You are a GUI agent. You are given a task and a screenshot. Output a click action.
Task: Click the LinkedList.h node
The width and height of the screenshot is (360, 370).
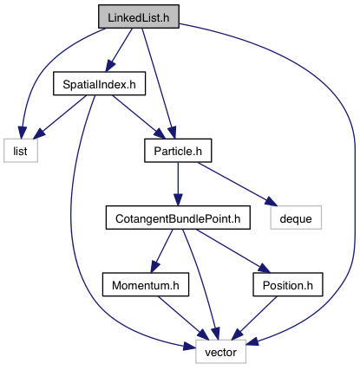click(x=139, y=16)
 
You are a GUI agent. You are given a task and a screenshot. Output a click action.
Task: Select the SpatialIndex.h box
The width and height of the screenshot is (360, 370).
click(x=99, y=83)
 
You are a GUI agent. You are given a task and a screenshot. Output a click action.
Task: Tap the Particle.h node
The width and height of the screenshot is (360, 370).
click(x=178, y=151)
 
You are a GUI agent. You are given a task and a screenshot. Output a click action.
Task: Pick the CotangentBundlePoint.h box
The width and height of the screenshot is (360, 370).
click(x=178, y=217)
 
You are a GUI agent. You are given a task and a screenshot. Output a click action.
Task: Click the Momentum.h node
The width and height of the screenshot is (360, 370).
click(x=146, y=284)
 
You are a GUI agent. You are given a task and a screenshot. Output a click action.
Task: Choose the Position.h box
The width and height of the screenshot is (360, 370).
click(x=288, y=284)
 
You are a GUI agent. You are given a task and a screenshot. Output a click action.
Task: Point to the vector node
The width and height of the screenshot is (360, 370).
click(x=220, y=352)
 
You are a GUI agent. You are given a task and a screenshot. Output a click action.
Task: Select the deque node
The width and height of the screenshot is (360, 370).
click(x=296, y=217)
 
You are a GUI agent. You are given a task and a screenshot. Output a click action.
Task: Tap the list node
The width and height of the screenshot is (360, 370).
click(x=21, y=151)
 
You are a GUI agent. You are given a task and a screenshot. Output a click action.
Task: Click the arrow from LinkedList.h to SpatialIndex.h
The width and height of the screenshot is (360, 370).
click(x=119, y=49)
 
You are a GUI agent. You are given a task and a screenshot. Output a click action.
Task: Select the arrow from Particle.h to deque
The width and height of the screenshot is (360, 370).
click(x=237, y=184)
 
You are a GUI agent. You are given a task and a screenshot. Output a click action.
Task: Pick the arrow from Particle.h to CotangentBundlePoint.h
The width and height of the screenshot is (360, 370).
click(x=178, y=184)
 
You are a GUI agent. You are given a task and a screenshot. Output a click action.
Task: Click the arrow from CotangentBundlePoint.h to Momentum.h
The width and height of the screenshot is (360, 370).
click(x=162, y=251)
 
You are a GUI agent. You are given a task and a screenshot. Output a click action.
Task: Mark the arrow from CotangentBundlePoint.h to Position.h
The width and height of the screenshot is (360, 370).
click(x=233, y=251)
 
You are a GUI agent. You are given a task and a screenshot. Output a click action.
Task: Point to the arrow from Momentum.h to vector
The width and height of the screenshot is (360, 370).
click(x=183, y=318)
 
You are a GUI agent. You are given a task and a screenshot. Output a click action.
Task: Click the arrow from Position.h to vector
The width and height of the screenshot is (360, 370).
click(x=254, y=318)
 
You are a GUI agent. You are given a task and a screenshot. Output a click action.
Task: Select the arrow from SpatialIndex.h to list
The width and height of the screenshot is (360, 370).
click(x=60, y=117)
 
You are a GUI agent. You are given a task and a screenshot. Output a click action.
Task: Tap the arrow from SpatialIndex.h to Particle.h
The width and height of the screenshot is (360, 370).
click(x=139, y=117)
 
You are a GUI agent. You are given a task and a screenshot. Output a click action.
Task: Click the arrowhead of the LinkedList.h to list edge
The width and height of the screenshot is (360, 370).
click(x=22, y=133)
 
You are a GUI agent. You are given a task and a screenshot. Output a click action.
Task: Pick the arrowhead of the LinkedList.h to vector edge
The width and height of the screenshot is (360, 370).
click(x=252, y=341)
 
